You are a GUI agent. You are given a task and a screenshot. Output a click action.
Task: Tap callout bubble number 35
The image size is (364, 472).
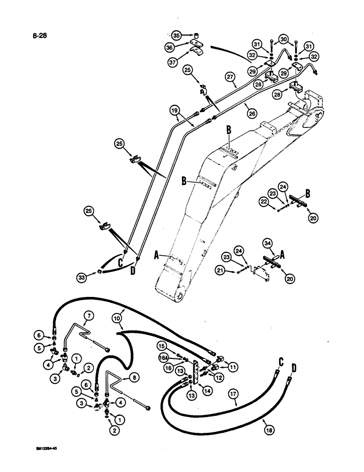coord(176,35)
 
